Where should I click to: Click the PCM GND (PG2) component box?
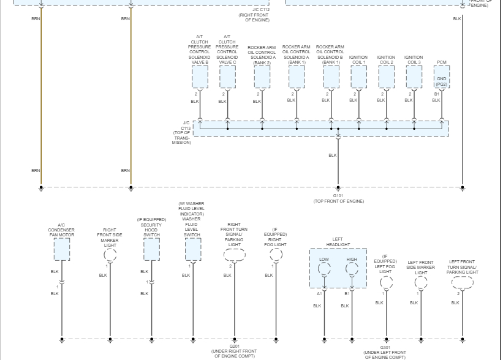pos(442,77)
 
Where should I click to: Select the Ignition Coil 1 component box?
pos(358,77)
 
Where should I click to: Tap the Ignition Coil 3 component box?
pos(414,77)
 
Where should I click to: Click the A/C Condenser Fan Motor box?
pos(61,250)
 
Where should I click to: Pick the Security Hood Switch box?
pos(151,250)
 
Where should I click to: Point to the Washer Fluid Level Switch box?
pos(192,250)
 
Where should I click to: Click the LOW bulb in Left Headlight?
pos(324,269)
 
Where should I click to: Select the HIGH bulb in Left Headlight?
pos(352,269)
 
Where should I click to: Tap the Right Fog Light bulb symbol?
pos(276,254)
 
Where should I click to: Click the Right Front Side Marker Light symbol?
pos(110,254)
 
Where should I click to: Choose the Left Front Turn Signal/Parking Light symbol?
pos(463,282)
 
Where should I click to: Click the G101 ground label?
pos(338,196)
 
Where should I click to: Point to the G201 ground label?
pos(234,346)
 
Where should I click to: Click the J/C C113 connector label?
pos(183,132)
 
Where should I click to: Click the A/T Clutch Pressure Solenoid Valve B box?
pos(200,77)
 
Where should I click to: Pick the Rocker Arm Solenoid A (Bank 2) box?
pos(262,77)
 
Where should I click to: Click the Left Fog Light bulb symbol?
pos(385,282)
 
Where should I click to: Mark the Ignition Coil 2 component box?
pos(386,77)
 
